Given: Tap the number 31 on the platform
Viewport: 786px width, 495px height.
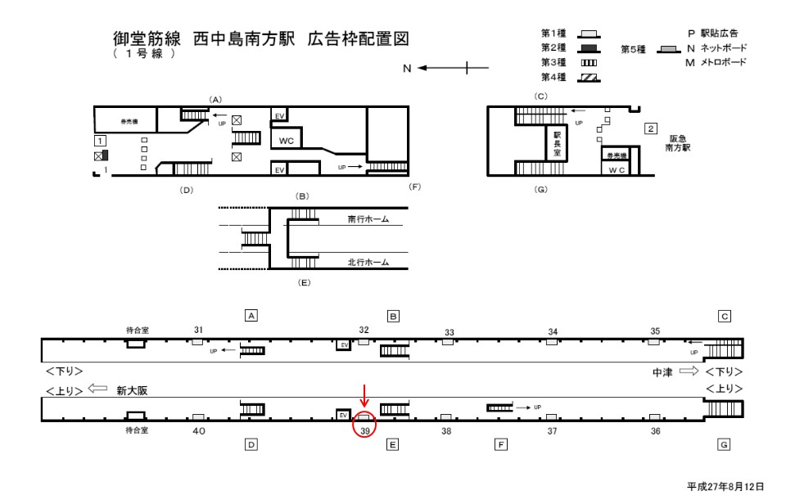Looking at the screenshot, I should click(x=198, y=329).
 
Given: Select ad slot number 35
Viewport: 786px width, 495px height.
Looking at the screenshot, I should click(x=655, y=331).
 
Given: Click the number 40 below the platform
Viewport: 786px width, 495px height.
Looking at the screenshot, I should click(x=198, y=430).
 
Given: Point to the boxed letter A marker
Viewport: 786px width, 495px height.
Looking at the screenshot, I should click(x=252, y=315).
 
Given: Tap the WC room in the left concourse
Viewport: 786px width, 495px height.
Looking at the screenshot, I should click(x=286, y=140).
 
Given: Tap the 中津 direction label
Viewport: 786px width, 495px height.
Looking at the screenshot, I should click(x=662, y=372).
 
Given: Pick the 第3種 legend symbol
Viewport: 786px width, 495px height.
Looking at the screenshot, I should click(x=589, y=63).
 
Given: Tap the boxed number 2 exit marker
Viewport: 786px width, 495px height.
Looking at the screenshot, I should click(x=650, y=128).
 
